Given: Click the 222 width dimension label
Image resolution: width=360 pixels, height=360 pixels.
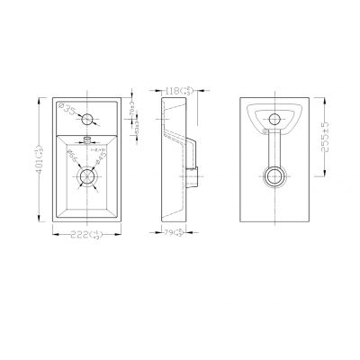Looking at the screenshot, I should [86, 235].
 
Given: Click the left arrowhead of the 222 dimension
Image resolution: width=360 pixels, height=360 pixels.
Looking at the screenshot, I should [56, 235].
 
